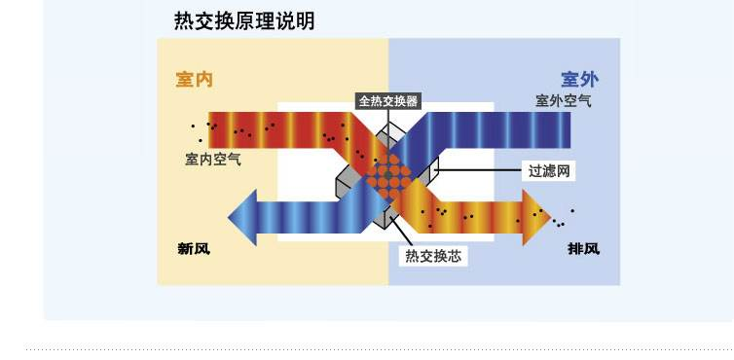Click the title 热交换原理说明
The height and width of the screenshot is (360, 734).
click(x=244, y=20)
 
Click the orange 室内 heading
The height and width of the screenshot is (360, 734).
click(x=194, y=79)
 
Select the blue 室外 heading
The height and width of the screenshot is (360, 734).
click(x=579, y=79)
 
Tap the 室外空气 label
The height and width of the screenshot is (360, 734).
click(x=564, y=100)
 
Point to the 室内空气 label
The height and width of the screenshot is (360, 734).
click(x=213, y=159)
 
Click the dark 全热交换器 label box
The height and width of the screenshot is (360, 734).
click(x=388, y=100)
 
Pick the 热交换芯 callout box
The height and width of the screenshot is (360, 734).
click(x=431, y=256)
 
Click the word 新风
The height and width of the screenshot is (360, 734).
click(x=193, y=248)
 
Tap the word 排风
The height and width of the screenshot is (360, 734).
click(x=583, y=248)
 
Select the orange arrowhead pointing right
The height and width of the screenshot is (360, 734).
click(x=535, y=211)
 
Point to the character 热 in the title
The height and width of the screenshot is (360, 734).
click(x=183, y=20)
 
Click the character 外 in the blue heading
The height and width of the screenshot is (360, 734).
click(x=589, y=79)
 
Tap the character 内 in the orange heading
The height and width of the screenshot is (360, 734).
click(x=203, y=79)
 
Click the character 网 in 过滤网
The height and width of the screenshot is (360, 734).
click(x=560, y=170)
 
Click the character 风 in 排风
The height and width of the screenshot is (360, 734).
click(x=592, y=248)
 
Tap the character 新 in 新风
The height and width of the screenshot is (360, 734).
click(x=184, y=248)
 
